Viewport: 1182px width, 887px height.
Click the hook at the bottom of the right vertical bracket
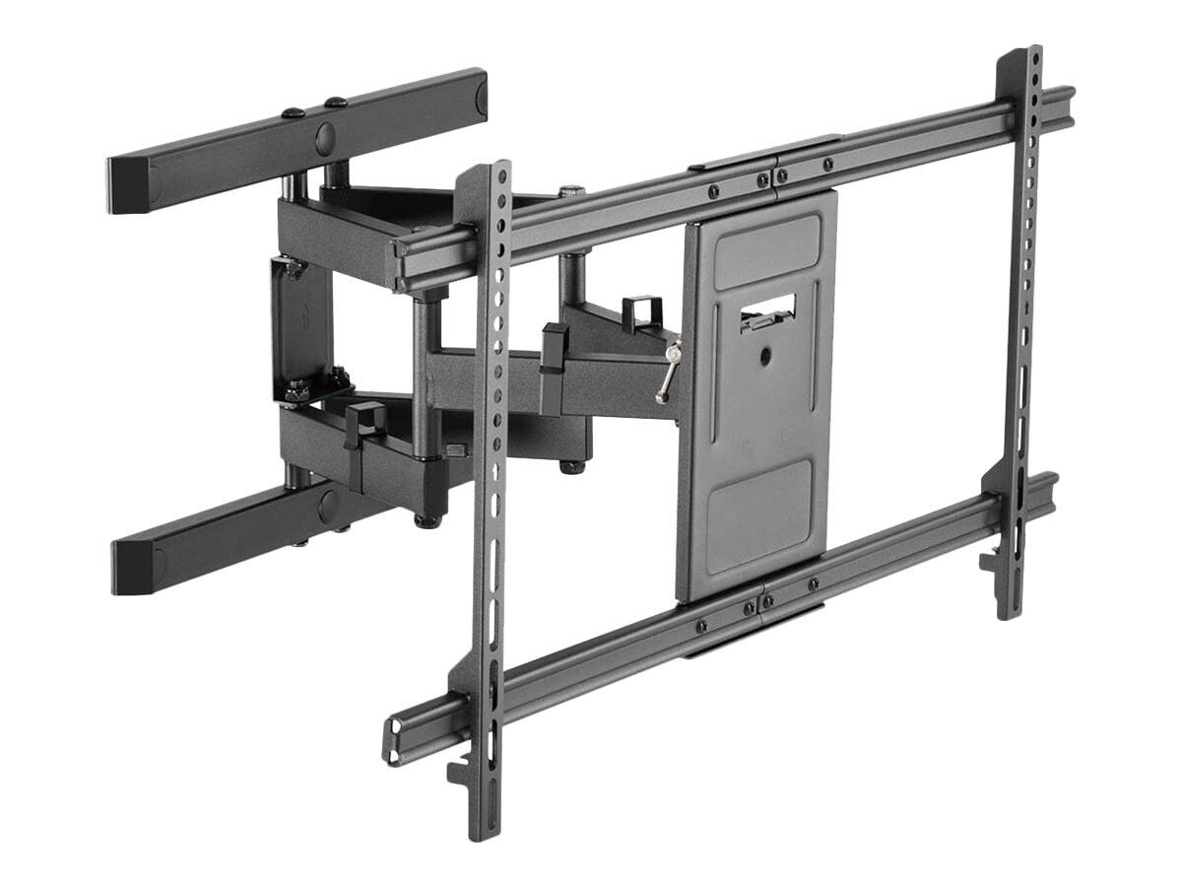click(x=989, y=562)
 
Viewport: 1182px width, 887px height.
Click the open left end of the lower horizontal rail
click(x=393, y=735)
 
